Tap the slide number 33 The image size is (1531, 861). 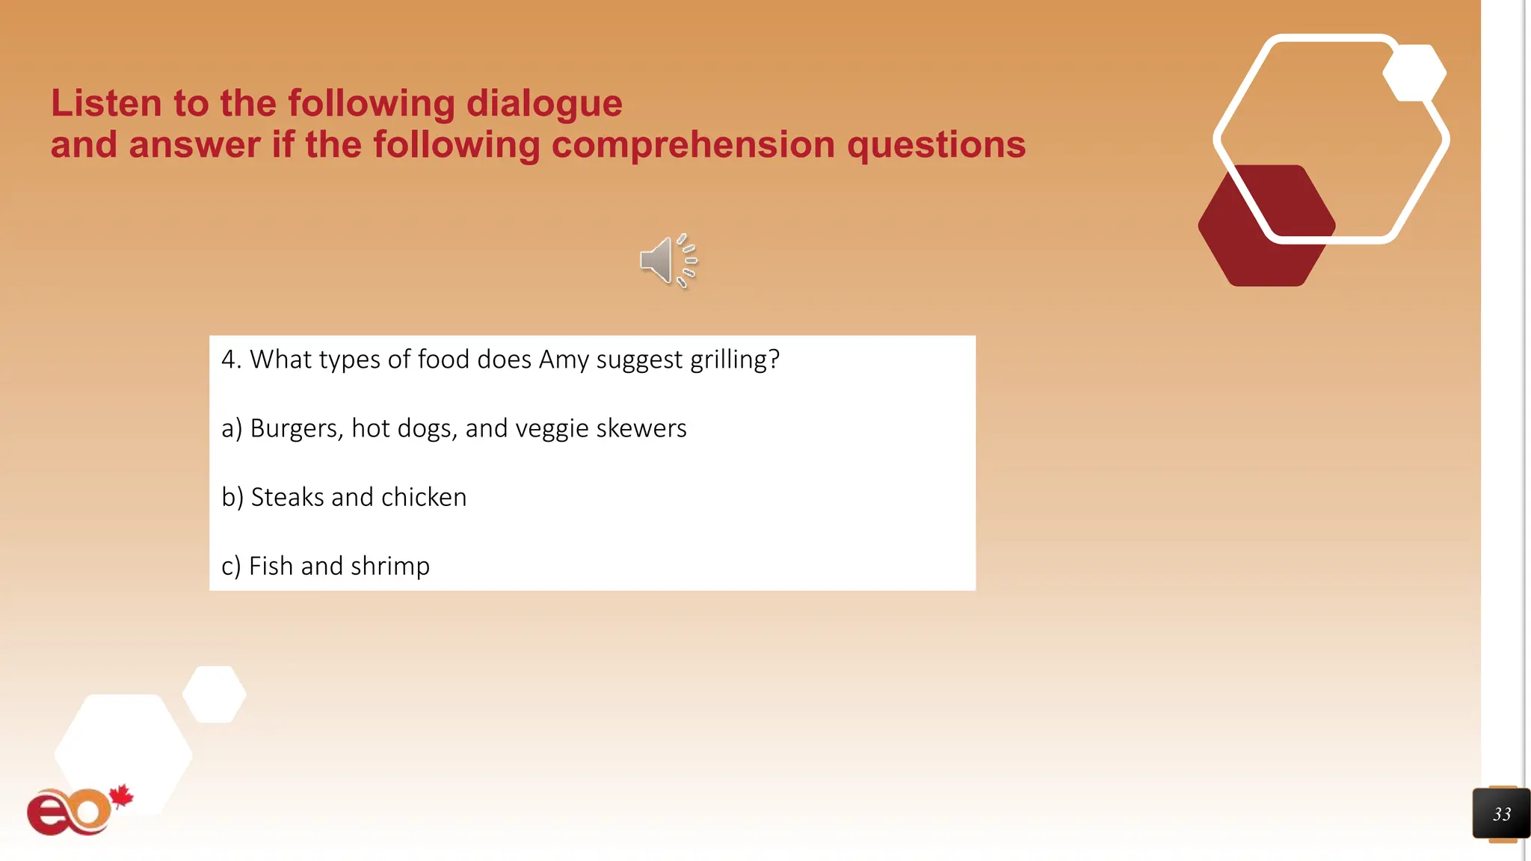1501,814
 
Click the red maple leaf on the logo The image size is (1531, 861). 120,797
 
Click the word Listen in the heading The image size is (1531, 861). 105,103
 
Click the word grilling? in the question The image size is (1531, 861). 734,360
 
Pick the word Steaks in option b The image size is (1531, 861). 287,498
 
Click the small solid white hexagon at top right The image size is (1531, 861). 1414,73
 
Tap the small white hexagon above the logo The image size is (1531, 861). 215,694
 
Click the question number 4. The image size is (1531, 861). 229,360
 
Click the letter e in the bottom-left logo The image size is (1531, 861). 48,814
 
